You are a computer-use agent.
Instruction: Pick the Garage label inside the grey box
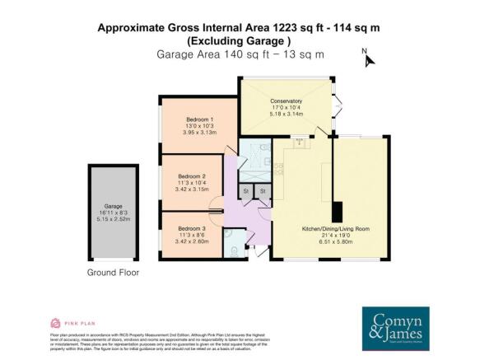(x=113, y=207)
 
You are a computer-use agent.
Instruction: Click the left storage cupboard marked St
(x=245, y=192)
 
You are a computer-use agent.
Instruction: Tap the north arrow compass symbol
(x=369, y=58)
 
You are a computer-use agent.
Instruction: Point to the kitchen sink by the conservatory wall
(x=301, y=142)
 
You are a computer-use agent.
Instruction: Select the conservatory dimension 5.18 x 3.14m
(x=287, y=115)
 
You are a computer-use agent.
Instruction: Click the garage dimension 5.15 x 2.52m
(x=113, y=220)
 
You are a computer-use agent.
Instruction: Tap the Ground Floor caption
(x=113, y=272)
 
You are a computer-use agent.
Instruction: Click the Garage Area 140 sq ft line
(x=240, y=54)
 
